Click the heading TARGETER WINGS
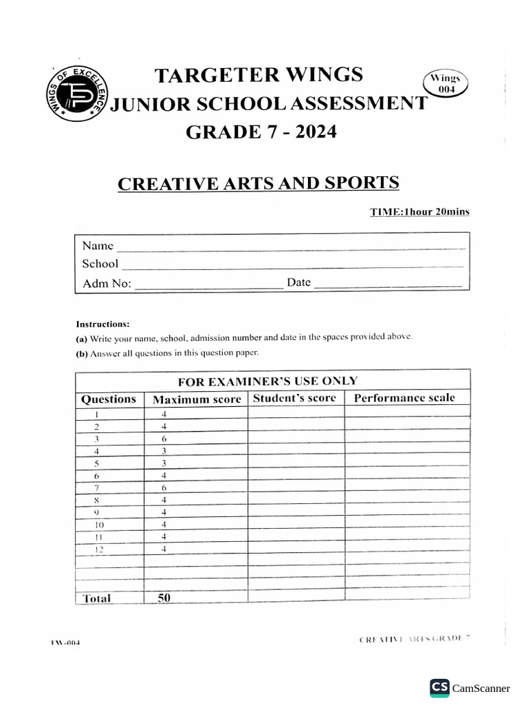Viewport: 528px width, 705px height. pyautogui.click(x=258, y=74)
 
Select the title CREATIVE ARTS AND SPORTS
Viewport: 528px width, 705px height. pyautogui.click(x=258, y=184)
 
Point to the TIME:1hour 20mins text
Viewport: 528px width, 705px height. pyautogui.click(x=420, y=212)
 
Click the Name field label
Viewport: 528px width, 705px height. pyautogui.click(x=98, y=246)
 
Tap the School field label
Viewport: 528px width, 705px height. pyautogui.click(x=100, y=264)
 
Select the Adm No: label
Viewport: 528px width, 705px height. pyautogui.click(x=107, y=283)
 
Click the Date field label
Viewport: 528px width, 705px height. pyautogui.click(x=299, y=282)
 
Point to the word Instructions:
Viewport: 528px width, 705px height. pyautogui.click(x=102, y=324)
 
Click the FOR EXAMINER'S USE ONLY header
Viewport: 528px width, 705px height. pyautogui.click(x=267, y=381)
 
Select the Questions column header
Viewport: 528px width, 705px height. pyautogui.click(x=109, y=399)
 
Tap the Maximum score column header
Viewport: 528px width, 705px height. pyautogui.click(x=197, y=399)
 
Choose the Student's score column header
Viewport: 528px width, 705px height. pyautogui.click(x=294, y=398)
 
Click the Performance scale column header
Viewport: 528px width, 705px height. pyautogui.click(x=404, y=398)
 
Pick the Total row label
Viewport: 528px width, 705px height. pyautogui.click(x=96, y=598)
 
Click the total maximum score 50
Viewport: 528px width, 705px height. pyautogui.click(x=164, y=598)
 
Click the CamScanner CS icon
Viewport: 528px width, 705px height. pyautogui.click(x=439, y=687)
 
